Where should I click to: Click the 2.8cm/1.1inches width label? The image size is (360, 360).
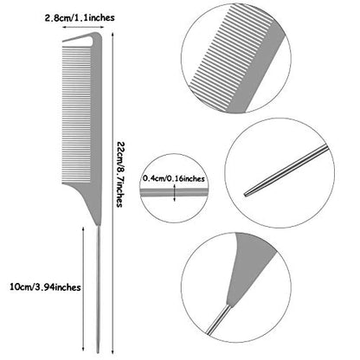(x=80, y=18)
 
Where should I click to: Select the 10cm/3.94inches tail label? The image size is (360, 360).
(x=45, y=287)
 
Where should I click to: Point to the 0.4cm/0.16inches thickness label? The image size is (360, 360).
(x=174, y=179)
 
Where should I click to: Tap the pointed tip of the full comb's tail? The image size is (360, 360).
(x=98, y=352)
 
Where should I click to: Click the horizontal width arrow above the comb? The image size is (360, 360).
(x=83, y=27)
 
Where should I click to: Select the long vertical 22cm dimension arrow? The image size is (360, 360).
(x=112, y=193)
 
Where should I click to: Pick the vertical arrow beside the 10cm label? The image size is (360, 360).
(x=83, y=288)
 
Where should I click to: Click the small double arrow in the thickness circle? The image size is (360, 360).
(x=175, y=193)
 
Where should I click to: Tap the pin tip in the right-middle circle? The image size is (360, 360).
(x=246, y=195)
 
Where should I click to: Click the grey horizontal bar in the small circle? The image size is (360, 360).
(x=174, y=192)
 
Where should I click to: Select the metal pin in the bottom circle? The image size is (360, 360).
(x=218, y=320)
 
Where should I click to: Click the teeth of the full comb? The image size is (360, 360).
(x=76, y=115)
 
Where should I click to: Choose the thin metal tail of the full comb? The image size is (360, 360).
(x=98, y=288)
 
